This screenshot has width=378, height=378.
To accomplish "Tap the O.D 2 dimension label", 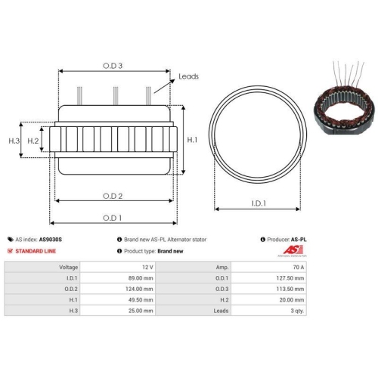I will tap(113, 195).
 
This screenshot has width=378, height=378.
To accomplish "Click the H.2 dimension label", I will tap(33, 141).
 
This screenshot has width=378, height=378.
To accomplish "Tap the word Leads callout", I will tap(190, 77).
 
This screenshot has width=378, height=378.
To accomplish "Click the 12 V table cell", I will tap(147, 268).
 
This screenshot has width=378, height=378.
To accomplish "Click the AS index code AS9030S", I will tap(51, 239).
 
